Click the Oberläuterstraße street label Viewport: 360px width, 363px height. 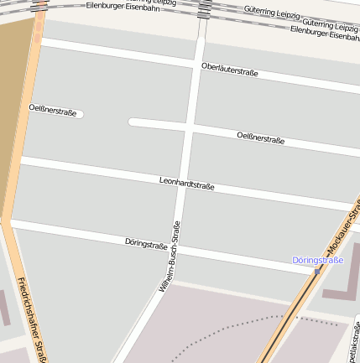click(x=229, y=69)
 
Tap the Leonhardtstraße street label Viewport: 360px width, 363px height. click(x=187, y=184)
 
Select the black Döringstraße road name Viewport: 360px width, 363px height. click(x=146, y=244)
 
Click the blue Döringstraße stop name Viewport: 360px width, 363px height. click(x=318, y=260)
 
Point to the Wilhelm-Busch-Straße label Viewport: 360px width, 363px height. click(x=170, y=257)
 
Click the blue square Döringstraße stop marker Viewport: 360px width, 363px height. click(x=318, y=270)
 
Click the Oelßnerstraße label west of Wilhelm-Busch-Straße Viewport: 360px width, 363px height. click(x=52, y=109)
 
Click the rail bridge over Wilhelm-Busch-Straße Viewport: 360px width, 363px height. click(x=205, y=9)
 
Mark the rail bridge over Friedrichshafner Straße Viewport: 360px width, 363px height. click(x=39, y=7)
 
